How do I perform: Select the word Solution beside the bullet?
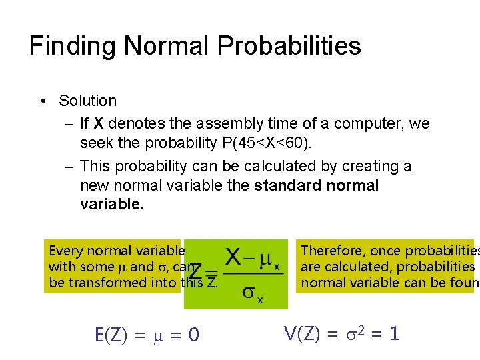(x=87, y=101)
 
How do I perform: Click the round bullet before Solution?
(x=42, y=101)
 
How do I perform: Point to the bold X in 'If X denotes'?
(x=98, y=123)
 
